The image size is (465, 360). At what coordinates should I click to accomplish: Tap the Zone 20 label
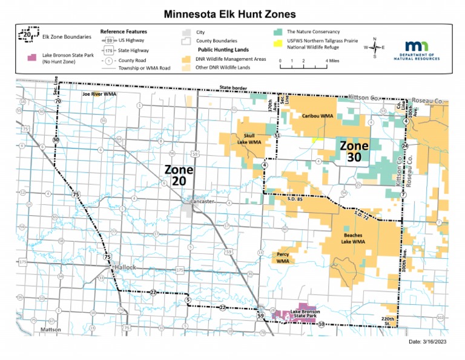click(179, 175)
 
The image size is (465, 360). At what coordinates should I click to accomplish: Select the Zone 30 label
click(354, 152)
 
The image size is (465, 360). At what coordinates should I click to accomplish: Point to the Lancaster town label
click(203, 201)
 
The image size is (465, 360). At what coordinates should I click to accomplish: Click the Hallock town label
click(125, 267)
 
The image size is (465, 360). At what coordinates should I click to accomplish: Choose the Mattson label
click(50, 329)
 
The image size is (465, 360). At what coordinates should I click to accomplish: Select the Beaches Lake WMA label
click(354, 238)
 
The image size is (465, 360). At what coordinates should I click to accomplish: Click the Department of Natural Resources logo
click(423, 50)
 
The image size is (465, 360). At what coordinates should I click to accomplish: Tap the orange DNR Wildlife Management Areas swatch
click(185, 59)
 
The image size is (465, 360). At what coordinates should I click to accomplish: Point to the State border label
click(233, 88)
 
